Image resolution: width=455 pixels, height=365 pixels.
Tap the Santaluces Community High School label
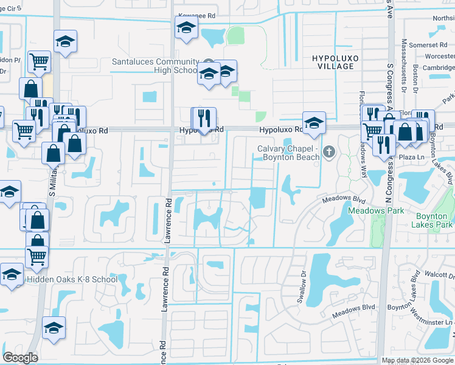pyautogui.click(x=155, y=66)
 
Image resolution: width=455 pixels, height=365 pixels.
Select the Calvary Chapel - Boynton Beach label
pyautogui.click(x=288, y=153)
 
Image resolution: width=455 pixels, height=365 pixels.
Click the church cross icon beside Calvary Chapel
pyautogui.click(x=329, y=151)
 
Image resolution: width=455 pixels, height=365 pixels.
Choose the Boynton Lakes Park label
pyautogui.click(x=434, y=220)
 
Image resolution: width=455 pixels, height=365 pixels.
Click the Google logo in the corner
pyautogui.click(x=20, y=358)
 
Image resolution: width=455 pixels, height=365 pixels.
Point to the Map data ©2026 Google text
pyautogui.click(x=417, y=360)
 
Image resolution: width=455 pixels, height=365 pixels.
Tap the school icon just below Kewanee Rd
pyautogui.click(x=186, y=27)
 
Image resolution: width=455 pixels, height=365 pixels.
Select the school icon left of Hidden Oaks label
pyautogui.click(x=11, y=275)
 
